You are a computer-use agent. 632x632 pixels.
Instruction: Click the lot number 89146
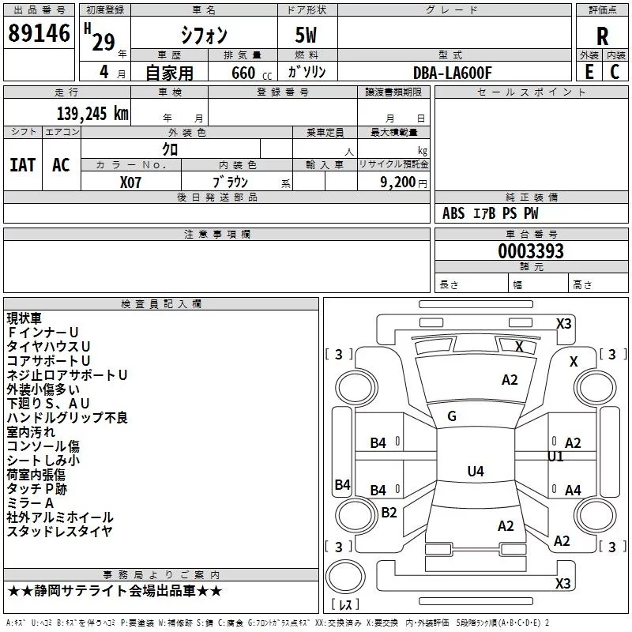pyautogui.click(x=39, y=33)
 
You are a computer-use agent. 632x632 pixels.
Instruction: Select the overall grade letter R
pyautogui.click(x=602, y=36)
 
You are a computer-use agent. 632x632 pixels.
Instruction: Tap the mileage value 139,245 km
pyautogui.click(x=92, y=114)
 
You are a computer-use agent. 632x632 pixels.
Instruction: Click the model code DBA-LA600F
pyautogui.click(x=453, y=73)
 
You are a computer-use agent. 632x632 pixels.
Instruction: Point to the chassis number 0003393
pyautogui.click(x=531, y=251)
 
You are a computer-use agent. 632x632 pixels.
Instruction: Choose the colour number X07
pyautogui.click(x=130, y=182)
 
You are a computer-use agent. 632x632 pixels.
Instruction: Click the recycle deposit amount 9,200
pyautogui.click(x=397, y=182)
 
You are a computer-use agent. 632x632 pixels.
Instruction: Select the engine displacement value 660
pyautogui.click(x=243, y=73)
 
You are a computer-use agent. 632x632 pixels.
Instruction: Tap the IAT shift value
pyautogui.click(x=23, y=165)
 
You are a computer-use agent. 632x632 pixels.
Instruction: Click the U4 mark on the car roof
pyautogui.click(x=476, y=471)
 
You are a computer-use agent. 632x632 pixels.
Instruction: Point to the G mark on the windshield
pyautogui.click(x=452, y=416)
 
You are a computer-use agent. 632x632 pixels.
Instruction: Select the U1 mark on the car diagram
pyautogui.click(x=555, y=457)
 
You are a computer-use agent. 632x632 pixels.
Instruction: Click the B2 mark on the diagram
pyautogui.click(x=389, y=512)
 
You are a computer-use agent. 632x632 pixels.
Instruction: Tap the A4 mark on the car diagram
pyautogui.click(x=573, y=490)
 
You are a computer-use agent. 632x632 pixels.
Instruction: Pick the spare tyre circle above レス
pyautogui.click(x=345, y=576)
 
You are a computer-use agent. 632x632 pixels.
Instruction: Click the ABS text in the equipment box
pyautogui.click(x=453, y=213)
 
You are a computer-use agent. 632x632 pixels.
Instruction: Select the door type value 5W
pyautogui.click(x=306, y=36)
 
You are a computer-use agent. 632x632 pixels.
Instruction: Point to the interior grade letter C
pyautogui.click(x=615, y=72)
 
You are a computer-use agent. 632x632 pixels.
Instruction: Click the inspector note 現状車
pyautogui.click(x=24, y=318)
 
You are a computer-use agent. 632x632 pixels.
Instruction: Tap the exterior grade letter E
pyautogui.click(x=589, y=72)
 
